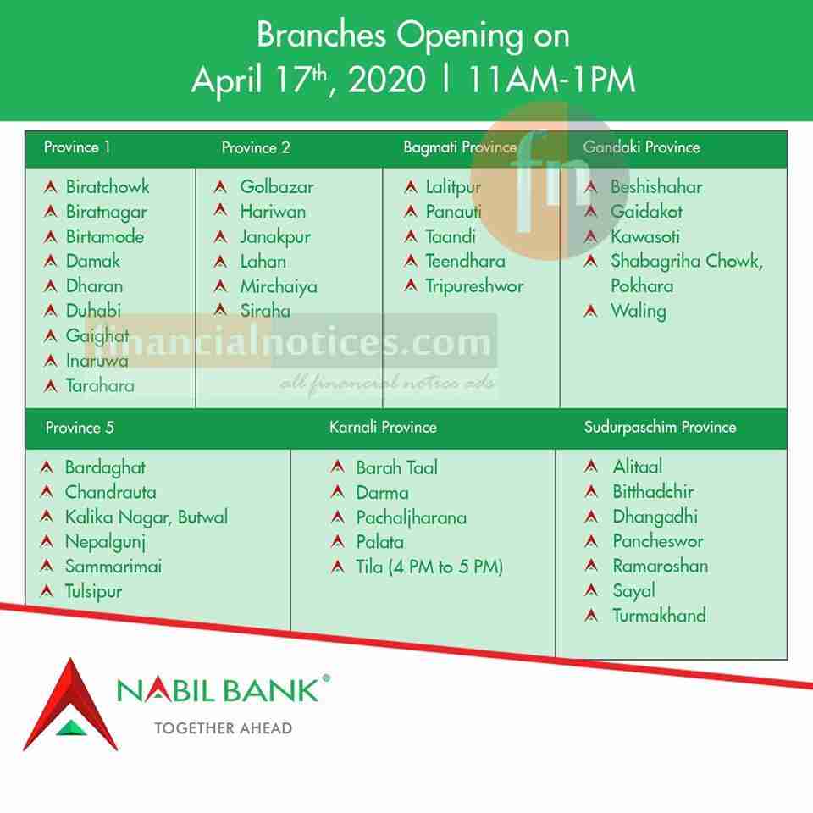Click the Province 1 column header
(x=77, y=147)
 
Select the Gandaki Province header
(x=641, y=147)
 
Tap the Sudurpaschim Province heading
(x=660, y=427)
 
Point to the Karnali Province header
(x=383, y=427)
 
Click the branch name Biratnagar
(x=107, y=213)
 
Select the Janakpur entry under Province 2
(x=275, y=237)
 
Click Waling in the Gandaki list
(x=639, y=312)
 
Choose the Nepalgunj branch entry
(x=105, y=542)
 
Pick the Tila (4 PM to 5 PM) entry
(x=429, y=567)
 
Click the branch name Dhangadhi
(x=655, y=517)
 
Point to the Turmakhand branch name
(x=659, y=616)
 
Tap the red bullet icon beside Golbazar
(x=220, y=186)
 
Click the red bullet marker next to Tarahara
(x=50, y=386)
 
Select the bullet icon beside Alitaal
(x=591, y=466)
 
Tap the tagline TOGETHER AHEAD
(x=224, y=728)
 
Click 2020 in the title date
(x=387, y=80)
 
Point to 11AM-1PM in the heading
(x=551, y=80)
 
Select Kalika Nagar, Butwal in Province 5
(x=147, y=517)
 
